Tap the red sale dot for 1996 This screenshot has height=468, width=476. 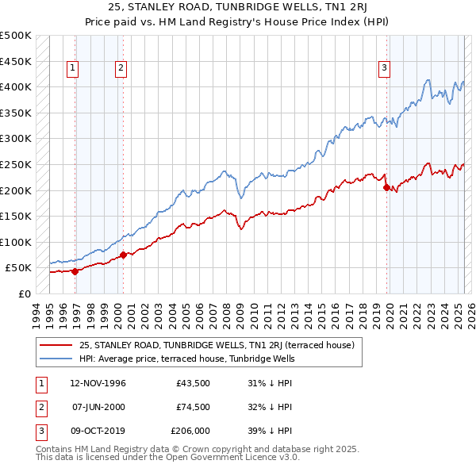coord(75,271)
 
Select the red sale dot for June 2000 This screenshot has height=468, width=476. coord(123,255)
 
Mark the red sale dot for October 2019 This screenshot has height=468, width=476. coord(386,188)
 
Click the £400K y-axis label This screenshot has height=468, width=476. coord(16,86)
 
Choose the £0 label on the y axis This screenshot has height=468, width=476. coord(23,293)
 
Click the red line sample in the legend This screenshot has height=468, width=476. coord(56,345)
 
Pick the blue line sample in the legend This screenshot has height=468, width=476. coord(56,358)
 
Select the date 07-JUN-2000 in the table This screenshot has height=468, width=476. coord(99,407)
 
